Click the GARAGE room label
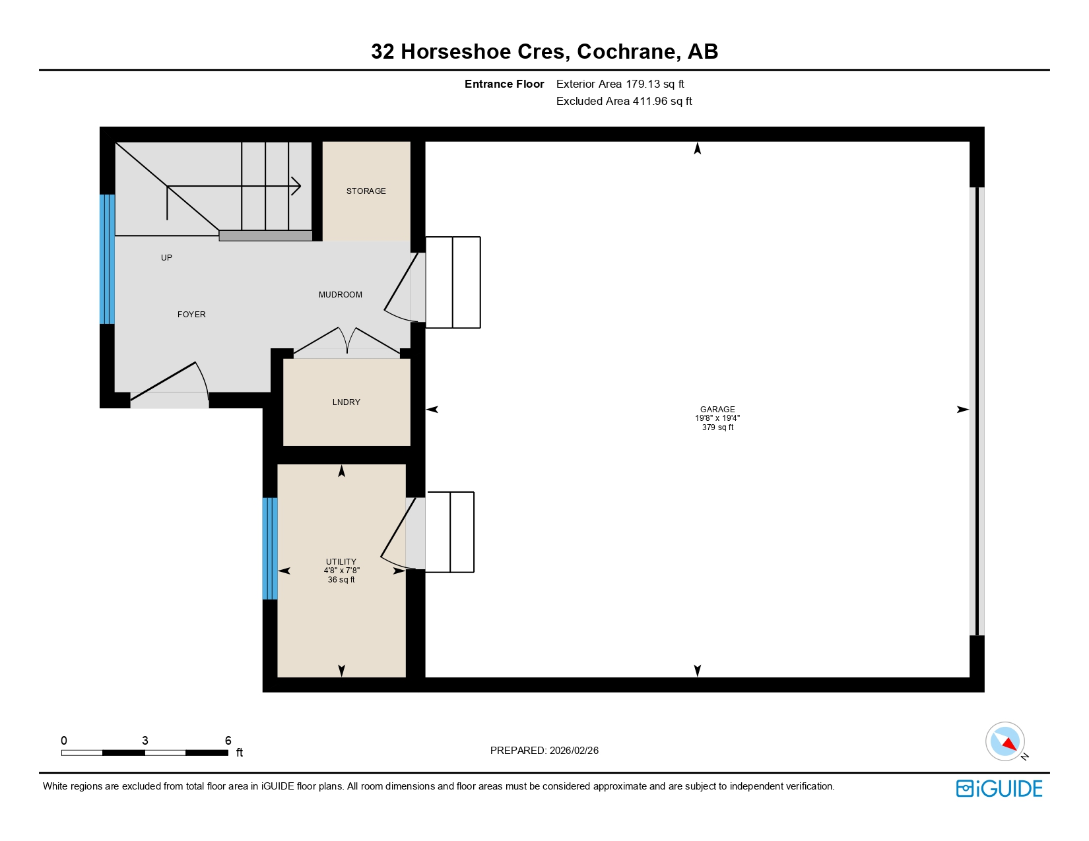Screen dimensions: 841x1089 (x=717, y=409)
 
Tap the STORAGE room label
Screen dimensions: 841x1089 (x=366, y=191)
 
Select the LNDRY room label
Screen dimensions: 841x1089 (x=346, y=402)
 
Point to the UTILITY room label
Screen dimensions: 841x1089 (x=341, y=562)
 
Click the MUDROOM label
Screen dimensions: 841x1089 (x=340, y=295)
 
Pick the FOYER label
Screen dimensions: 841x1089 (x=191, y=315)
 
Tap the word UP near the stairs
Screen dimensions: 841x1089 (x=166, y=258)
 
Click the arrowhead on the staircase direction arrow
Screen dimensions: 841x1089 (x=297, y=186)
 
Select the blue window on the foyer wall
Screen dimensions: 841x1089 (x=107, y=259)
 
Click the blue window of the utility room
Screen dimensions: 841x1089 (x=270, y=548)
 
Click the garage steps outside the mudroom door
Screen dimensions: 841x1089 (x=453, y=282)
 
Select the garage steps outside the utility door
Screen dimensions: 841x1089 (x=449, y=532)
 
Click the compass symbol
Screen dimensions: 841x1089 (x=1005, y=741)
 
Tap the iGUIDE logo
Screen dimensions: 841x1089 (x=999, y=788)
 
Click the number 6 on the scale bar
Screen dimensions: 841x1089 (x=228, y=741)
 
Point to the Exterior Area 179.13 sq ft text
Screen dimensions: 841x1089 (x=620, y=84)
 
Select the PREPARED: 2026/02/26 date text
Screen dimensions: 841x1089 (x=544, y=751)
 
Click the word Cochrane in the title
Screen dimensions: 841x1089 (x=626, y=51)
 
